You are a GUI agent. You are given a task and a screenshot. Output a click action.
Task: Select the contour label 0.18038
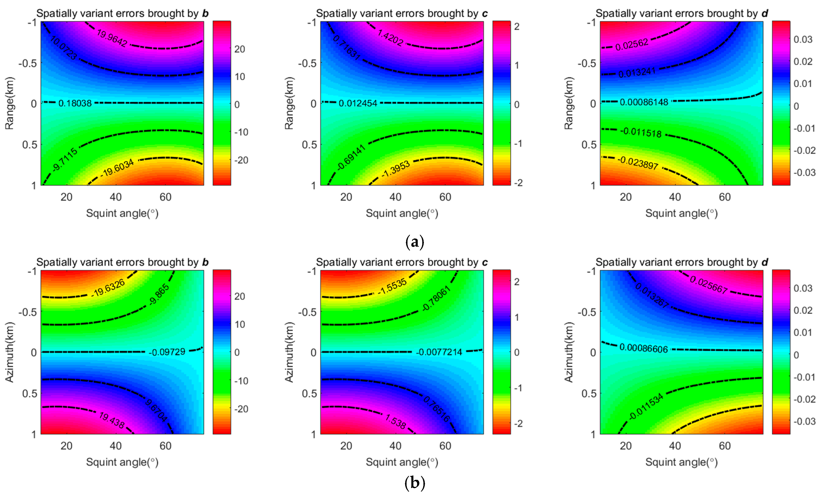click(x=75, y=103)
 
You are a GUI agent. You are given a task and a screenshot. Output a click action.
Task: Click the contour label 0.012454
click(x=358, y=103)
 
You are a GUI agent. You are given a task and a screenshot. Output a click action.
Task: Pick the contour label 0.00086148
click(x=644, y=102)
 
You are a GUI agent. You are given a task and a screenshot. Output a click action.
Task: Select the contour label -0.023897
click(x=638, y=163)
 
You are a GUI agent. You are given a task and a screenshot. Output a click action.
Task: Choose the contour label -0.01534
click(x=646, y=407)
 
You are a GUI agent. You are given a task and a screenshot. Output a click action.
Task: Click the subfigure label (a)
click(x=414, y=241)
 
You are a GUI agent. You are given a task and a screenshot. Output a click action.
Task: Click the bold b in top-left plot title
click(x=205, y=13)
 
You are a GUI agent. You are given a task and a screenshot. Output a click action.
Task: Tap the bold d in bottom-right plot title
click(x=765, y=262)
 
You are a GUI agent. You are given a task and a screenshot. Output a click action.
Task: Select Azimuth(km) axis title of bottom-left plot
click(x=9, y=352)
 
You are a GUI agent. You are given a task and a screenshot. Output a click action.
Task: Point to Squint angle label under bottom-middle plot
click(x=402, y=462)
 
